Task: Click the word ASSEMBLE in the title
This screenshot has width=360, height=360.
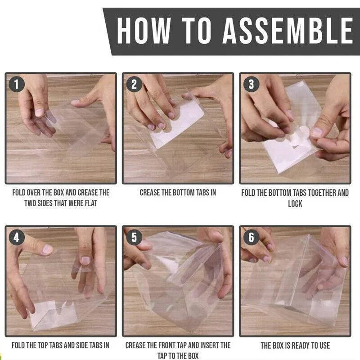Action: pyautogui.click(x=288, y=31)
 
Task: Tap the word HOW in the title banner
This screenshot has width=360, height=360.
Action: pyautogui.click(x=144, y=31)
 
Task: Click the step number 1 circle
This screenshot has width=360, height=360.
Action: pyautogui.click(x=17, y=84)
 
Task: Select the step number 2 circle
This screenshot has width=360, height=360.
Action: pyautogui.click(x=134, y=84)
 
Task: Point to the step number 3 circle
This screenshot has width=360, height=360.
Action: pyautogui.click(x=252, y=84)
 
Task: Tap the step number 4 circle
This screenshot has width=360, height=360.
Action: pyautogui.click(x=17, y=237)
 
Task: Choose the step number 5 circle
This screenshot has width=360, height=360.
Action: pyautogui.click(x=134, y=237)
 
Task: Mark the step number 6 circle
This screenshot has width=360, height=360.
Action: pyautogui.click(x=252, y=237)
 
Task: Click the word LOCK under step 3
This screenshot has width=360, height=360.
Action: pyautogui.click(x=295, y=204)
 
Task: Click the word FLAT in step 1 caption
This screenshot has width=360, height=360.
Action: pyautogui.click(x=91, y=203)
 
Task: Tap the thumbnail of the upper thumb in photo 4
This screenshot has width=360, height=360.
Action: pyautogui.click(x=48, y=249)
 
